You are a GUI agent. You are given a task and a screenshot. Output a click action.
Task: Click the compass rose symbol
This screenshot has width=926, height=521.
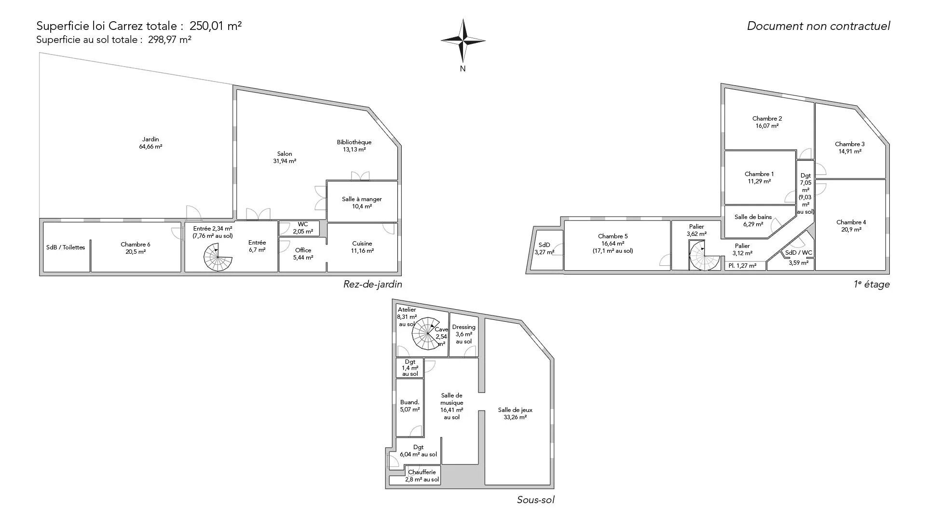click(463, 41)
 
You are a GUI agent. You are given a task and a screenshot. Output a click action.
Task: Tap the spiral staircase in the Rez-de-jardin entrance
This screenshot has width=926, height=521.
click(218, 257)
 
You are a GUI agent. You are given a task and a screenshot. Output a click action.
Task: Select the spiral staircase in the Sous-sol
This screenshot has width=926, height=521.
click(427, 333)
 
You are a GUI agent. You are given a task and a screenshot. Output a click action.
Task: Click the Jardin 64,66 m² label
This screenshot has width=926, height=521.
click(150, 143)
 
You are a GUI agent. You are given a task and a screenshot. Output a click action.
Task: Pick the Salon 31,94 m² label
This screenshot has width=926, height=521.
click(285, 158)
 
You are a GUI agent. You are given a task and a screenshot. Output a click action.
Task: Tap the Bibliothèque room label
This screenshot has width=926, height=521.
click(354, 146)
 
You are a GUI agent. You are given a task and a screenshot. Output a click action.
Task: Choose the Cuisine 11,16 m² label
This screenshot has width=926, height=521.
click(362, 247)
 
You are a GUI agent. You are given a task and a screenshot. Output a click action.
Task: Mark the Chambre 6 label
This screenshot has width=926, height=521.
click(136, 248)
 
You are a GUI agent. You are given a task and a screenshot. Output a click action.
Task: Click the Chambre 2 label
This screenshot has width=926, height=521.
click(767, 122)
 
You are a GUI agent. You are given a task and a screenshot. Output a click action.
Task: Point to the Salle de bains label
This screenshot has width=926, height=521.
click(753, 220)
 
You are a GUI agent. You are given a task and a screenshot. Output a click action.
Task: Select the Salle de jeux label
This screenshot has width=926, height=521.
click(515, 414)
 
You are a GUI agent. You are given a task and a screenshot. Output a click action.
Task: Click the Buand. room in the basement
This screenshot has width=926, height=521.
click(410, 408)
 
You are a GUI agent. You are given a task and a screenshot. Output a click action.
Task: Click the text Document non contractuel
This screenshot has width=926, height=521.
click(818, 26)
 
